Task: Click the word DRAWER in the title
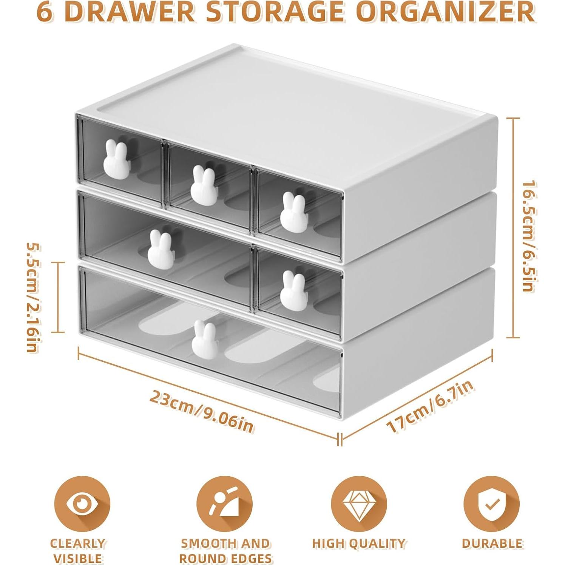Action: click(128, 12)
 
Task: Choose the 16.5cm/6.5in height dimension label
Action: click(529, 236)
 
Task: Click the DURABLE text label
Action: click(492, 543)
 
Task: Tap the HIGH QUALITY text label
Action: click(358, 543)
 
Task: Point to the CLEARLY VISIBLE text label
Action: click(78, 551)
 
